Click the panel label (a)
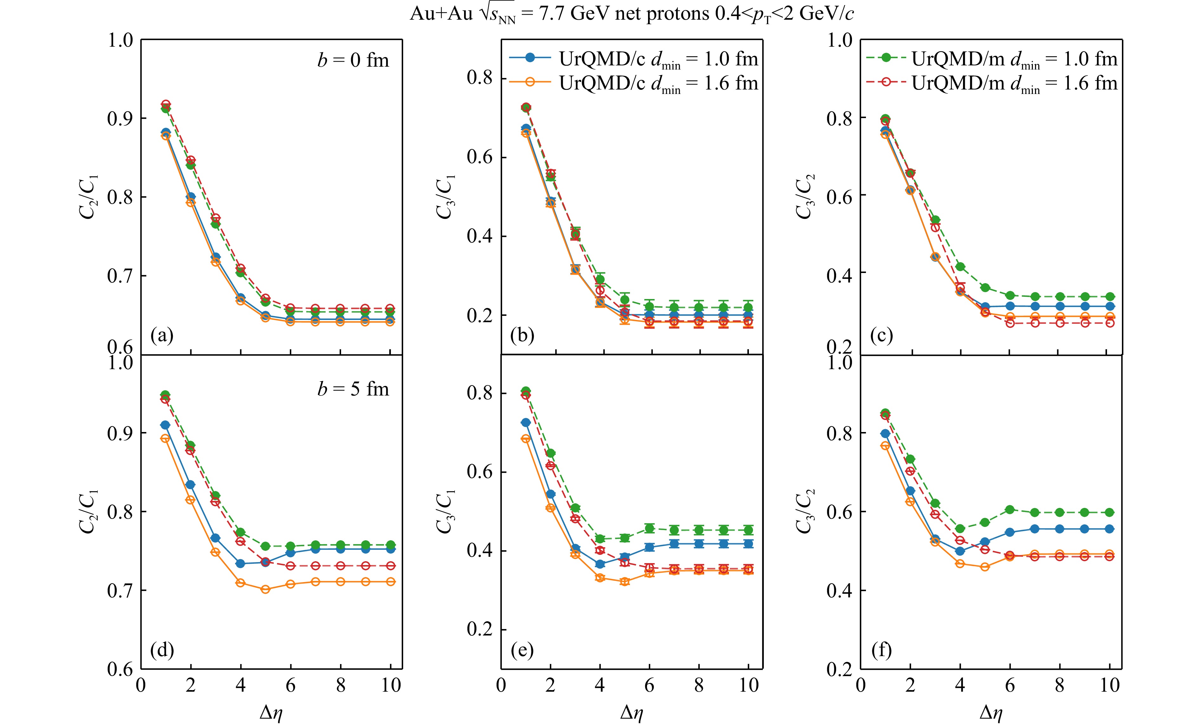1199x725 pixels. [162, 336]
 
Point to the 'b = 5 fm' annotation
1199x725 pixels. [353, 389]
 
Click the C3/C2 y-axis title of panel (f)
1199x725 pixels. [804, 511]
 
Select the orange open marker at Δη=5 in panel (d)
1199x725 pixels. [265, 589]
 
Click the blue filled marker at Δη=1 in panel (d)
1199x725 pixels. [166, 425]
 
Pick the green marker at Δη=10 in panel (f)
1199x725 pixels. [1110, 512]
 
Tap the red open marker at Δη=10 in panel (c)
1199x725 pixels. [1110, 323]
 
